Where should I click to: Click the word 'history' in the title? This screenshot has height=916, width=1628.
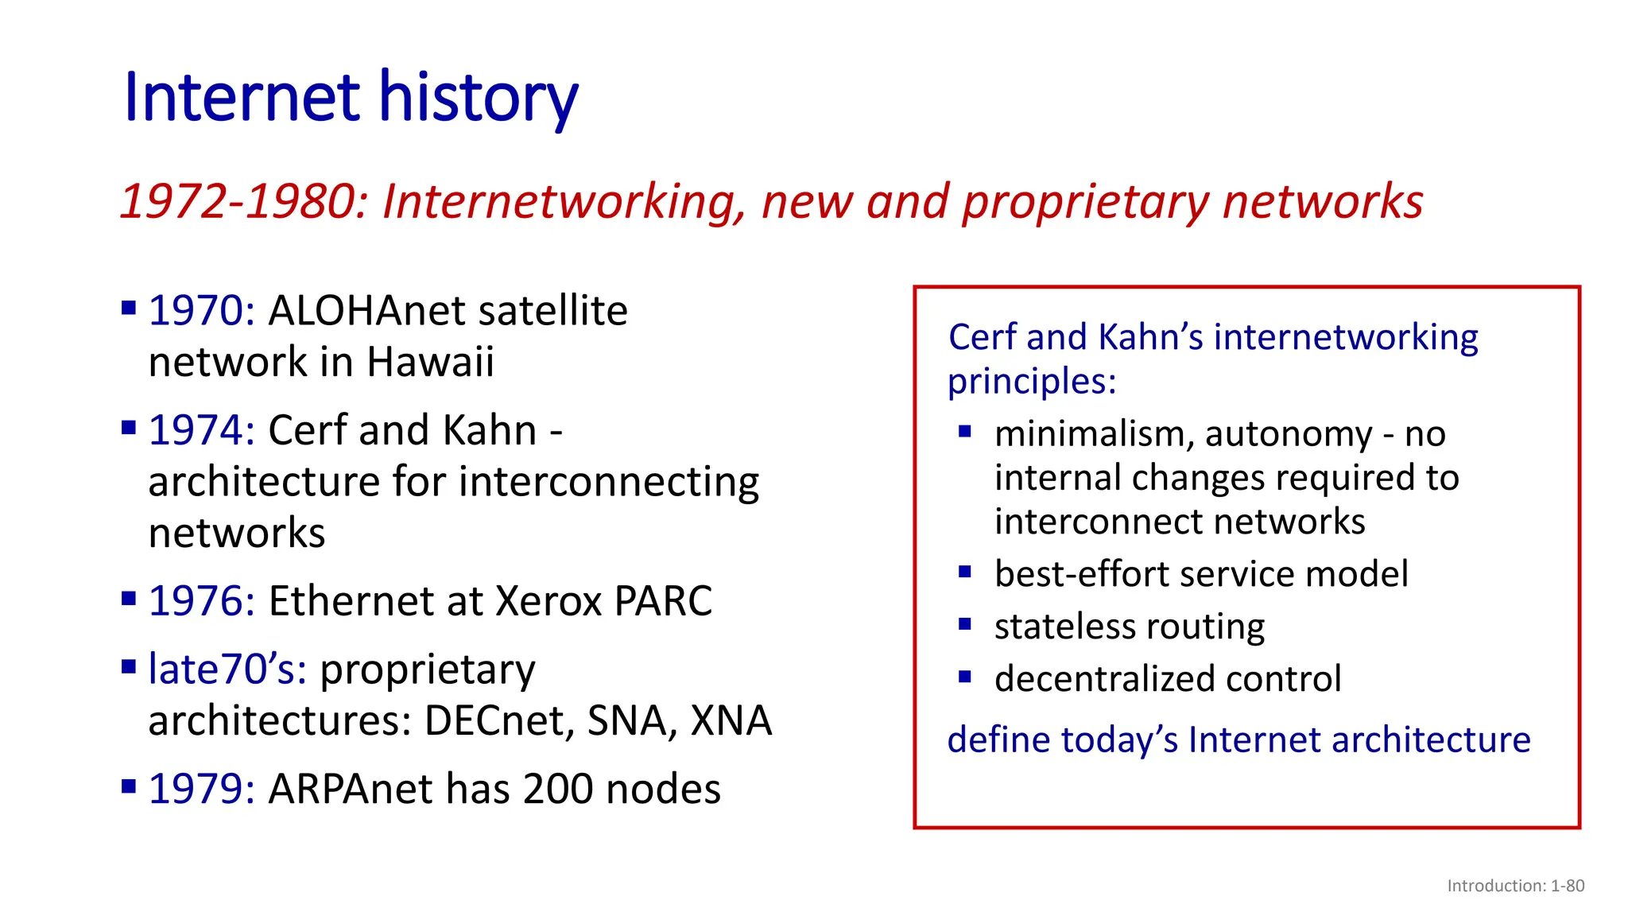(477, 98)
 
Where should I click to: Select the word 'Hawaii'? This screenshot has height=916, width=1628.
(430, 363)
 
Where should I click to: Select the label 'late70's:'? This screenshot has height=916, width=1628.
(227, 670)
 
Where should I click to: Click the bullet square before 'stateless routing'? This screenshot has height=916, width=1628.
(965, 624)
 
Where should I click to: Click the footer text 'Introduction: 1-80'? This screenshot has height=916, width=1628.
(1515, 886)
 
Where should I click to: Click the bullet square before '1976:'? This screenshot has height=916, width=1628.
(129, 598)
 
